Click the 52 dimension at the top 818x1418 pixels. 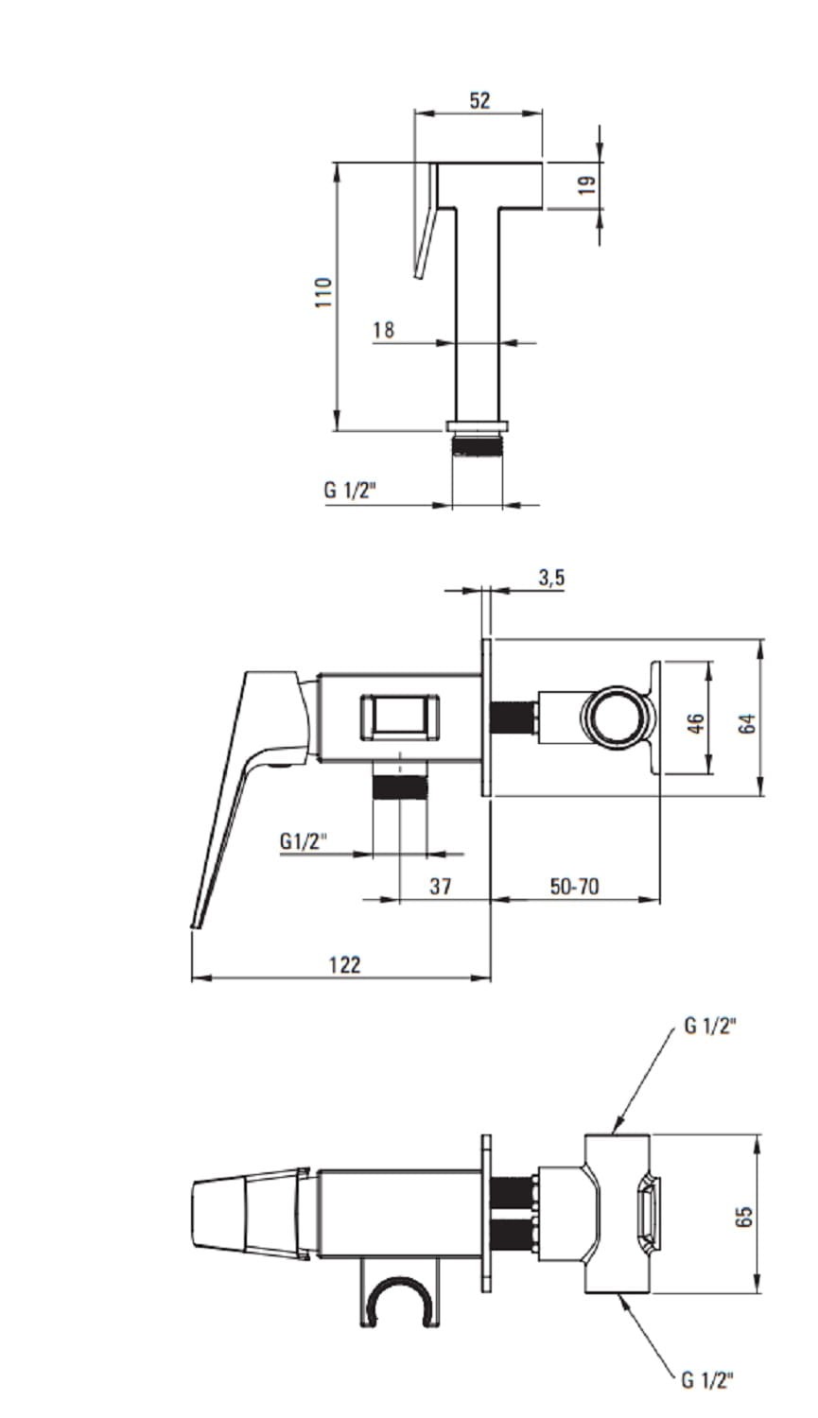(479, 100)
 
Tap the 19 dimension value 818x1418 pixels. (587, 184)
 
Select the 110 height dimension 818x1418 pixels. (322, 292)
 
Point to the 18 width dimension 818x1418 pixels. (383, 329)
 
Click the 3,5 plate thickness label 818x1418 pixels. (551, 579)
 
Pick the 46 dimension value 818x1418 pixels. (695, 723)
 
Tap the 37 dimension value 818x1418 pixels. (440, 887)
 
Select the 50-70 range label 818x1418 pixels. (574, 887)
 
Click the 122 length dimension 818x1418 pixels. (344, 965)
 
